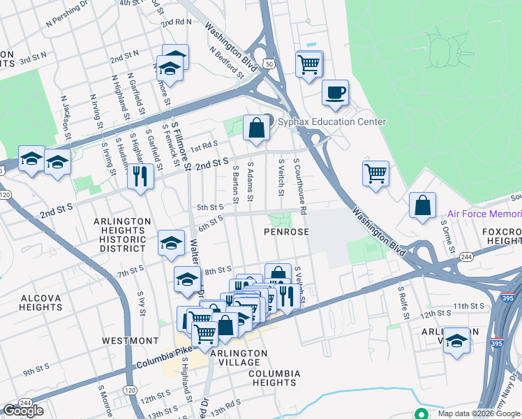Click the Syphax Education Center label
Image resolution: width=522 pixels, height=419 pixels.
point(331,122)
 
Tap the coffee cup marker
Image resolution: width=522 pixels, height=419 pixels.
point(335,92)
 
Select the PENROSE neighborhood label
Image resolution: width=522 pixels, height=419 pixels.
point(286,231)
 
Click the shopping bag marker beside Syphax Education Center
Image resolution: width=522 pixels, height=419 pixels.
point(257,127)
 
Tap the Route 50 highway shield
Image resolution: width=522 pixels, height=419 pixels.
point(269,64)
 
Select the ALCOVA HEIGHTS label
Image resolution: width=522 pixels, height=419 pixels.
point(41,302)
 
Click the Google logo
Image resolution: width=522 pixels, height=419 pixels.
point(23,411)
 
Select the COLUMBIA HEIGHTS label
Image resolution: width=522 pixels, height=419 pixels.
point(274,378)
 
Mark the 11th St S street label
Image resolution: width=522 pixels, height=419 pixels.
point(468,306)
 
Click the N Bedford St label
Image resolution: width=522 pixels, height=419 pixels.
point(225,61)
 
